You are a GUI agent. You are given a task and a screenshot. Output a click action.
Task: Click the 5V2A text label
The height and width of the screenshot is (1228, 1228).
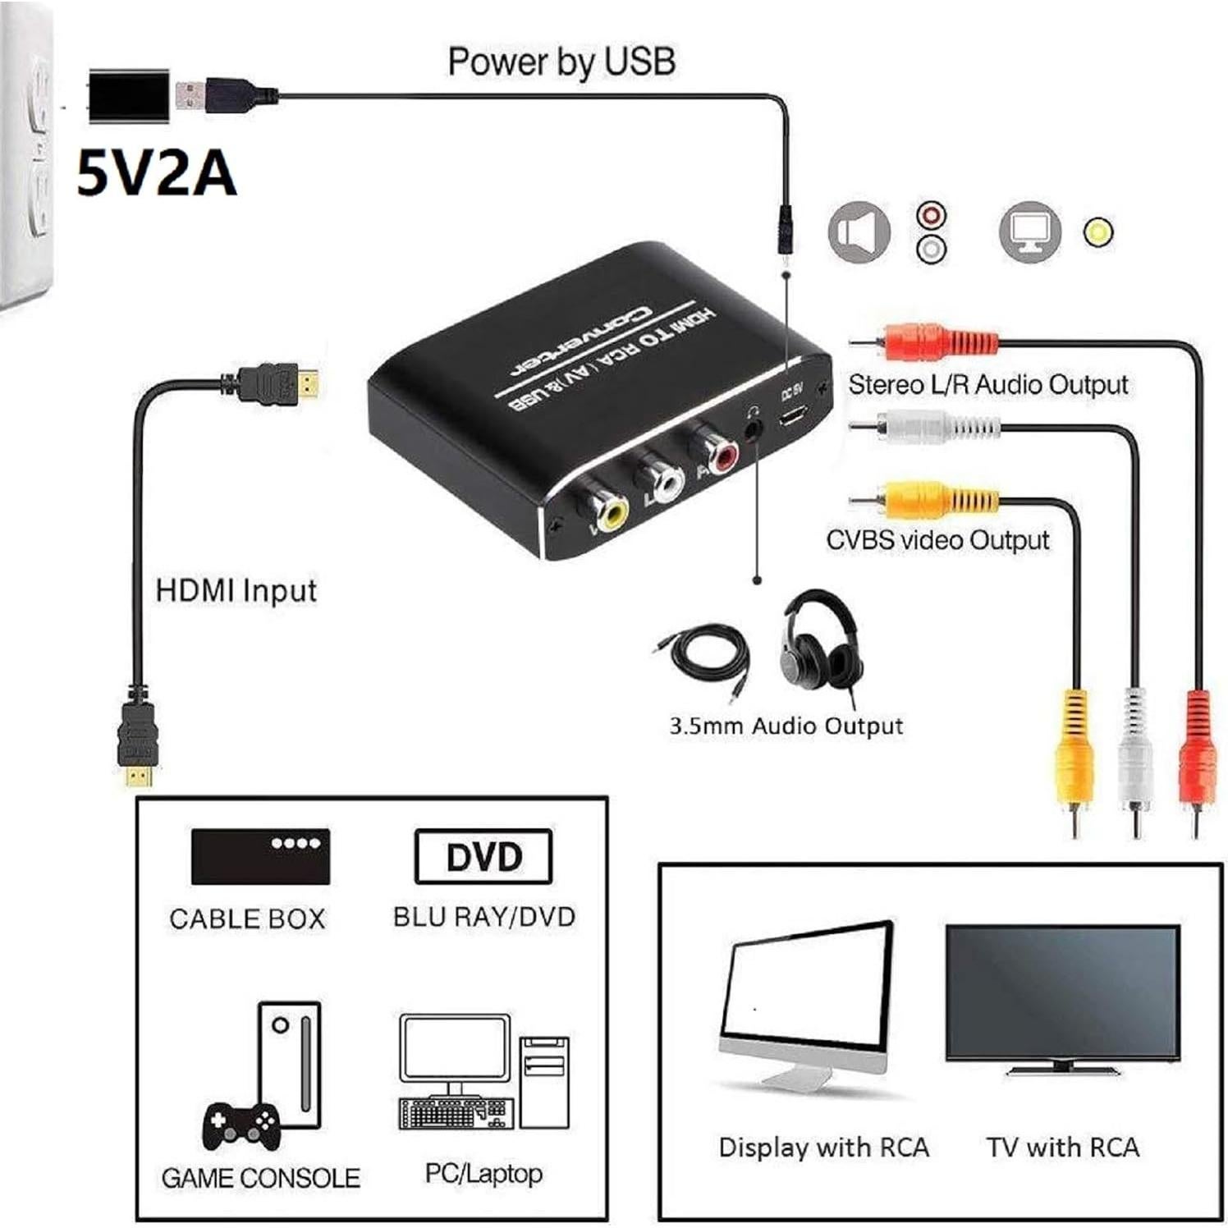(x=156, y=174)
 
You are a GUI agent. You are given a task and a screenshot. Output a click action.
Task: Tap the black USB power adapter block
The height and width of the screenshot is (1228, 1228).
(x=129, y=96)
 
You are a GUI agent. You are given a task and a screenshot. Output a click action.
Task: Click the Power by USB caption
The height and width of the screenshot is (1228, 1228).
(x=561, y=62)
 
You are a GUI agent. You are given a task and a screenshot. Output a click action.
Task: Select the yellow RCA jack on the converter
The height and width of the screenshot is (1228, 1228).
(x=611, y=515)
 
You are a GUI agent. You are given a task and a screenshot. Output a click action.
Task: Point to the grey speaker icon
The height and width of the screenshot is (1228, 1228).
(x=859, y=232)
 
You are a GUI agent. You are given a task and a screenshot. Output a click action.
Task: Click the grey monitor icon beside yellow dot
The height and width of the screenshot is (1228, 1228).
(x=1029, y=232)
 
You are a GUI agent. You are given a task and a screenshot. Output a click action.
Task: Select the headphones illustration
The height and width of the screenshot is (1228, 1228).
(x=821, y=640)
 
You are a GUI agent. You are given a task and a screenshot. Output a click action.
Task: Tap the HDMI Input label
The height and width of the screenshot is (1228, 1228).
(x=236, y=591)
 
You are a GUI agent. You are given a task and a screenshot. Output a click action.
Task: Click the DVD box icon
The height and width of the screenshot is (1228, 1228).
(x=483, y=857)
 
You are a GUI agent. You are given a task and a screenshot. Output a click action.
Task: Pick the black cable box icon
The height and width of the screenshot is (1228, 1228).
(x=260, y=856)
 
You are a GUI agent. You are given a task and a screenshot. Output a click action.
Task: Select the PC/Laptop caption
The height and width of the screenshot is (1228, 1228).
(x=483, y=1174)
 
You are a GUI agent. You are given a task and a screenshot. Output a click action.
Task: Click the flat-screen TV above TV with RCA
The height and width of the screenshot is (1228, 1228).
(x=1062, y=996)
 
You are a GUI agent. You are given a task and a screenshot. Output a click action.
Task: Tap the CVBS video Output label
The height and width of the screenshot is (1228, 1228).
(x=937, y=540)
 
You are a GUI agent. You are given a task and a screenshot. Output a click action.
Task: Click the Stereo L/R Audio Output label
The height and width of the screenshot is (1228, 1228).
(x=988, y=384)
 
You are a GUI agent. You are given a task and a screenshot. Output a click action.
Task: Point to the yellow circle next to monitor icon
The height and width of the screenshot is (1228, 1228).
(x=1098, y=232)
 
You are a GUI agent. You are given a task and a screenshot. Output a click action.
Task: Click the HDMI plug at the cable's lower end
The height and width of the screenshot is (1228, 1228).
(x=137, y=743)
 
